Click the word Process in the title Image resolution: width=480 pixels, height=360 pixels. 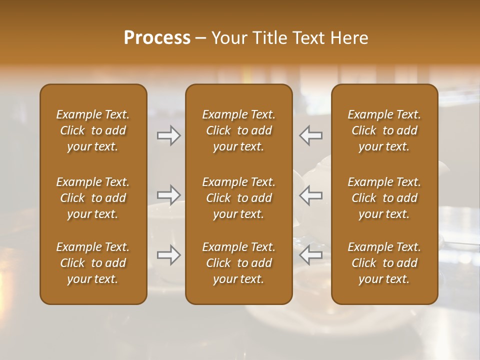pyautogui.click(x=157, y=38)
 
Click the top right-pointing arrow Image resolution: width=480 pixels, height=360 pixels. pyautogui.click(x=169, y=135)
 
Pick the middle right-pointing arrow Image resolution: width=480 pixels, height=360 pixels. pyautogui.click(x=169, y=195)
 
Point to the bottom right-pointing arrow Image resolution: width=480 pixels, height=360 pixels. pyautogui.click(x=169, y=255)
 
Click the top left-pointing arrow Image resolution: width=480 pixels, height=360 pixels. pyautogui.click(x=311, y=135)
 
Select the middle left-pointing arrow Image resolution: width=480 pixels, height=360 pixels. pyautogui.click(x=311, y=195)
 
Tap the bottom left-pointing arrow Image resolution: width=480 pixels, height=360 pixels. pyautogui.click(x=311, y=255)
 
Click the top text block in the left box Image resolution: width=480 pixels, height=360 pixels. pyautogui.click(x=93, y=130)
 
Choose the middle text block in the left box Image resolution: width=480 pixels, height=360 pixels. pyautogui.click(x=93, y=198)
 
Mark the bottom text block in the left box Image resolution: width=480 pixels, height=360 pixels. pyautogui.click(x=93, y=263)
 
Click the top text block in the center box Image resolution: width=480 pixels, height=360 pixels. pyautogui.click(x=239, y=130)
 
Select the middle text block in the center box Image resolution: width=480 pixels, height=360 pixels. pyautogui.click(x=239, y=198)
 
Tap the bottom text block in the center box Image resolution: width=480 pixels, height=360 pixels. pyautogui.click(x=239, y=263)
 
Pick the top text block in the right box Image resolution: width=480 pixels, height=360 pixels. pyautogui.click(x=384, y=130)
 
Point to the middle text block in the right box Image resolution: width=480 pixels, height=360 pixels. pyautogui.click(x=384, y=198)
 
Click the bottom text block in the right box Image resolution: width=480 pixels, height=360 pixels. pyautogui.click(x=384, y=263)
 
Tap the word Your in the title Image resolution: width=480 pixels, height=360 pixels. pyautogui.click(x=227, y=38)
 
